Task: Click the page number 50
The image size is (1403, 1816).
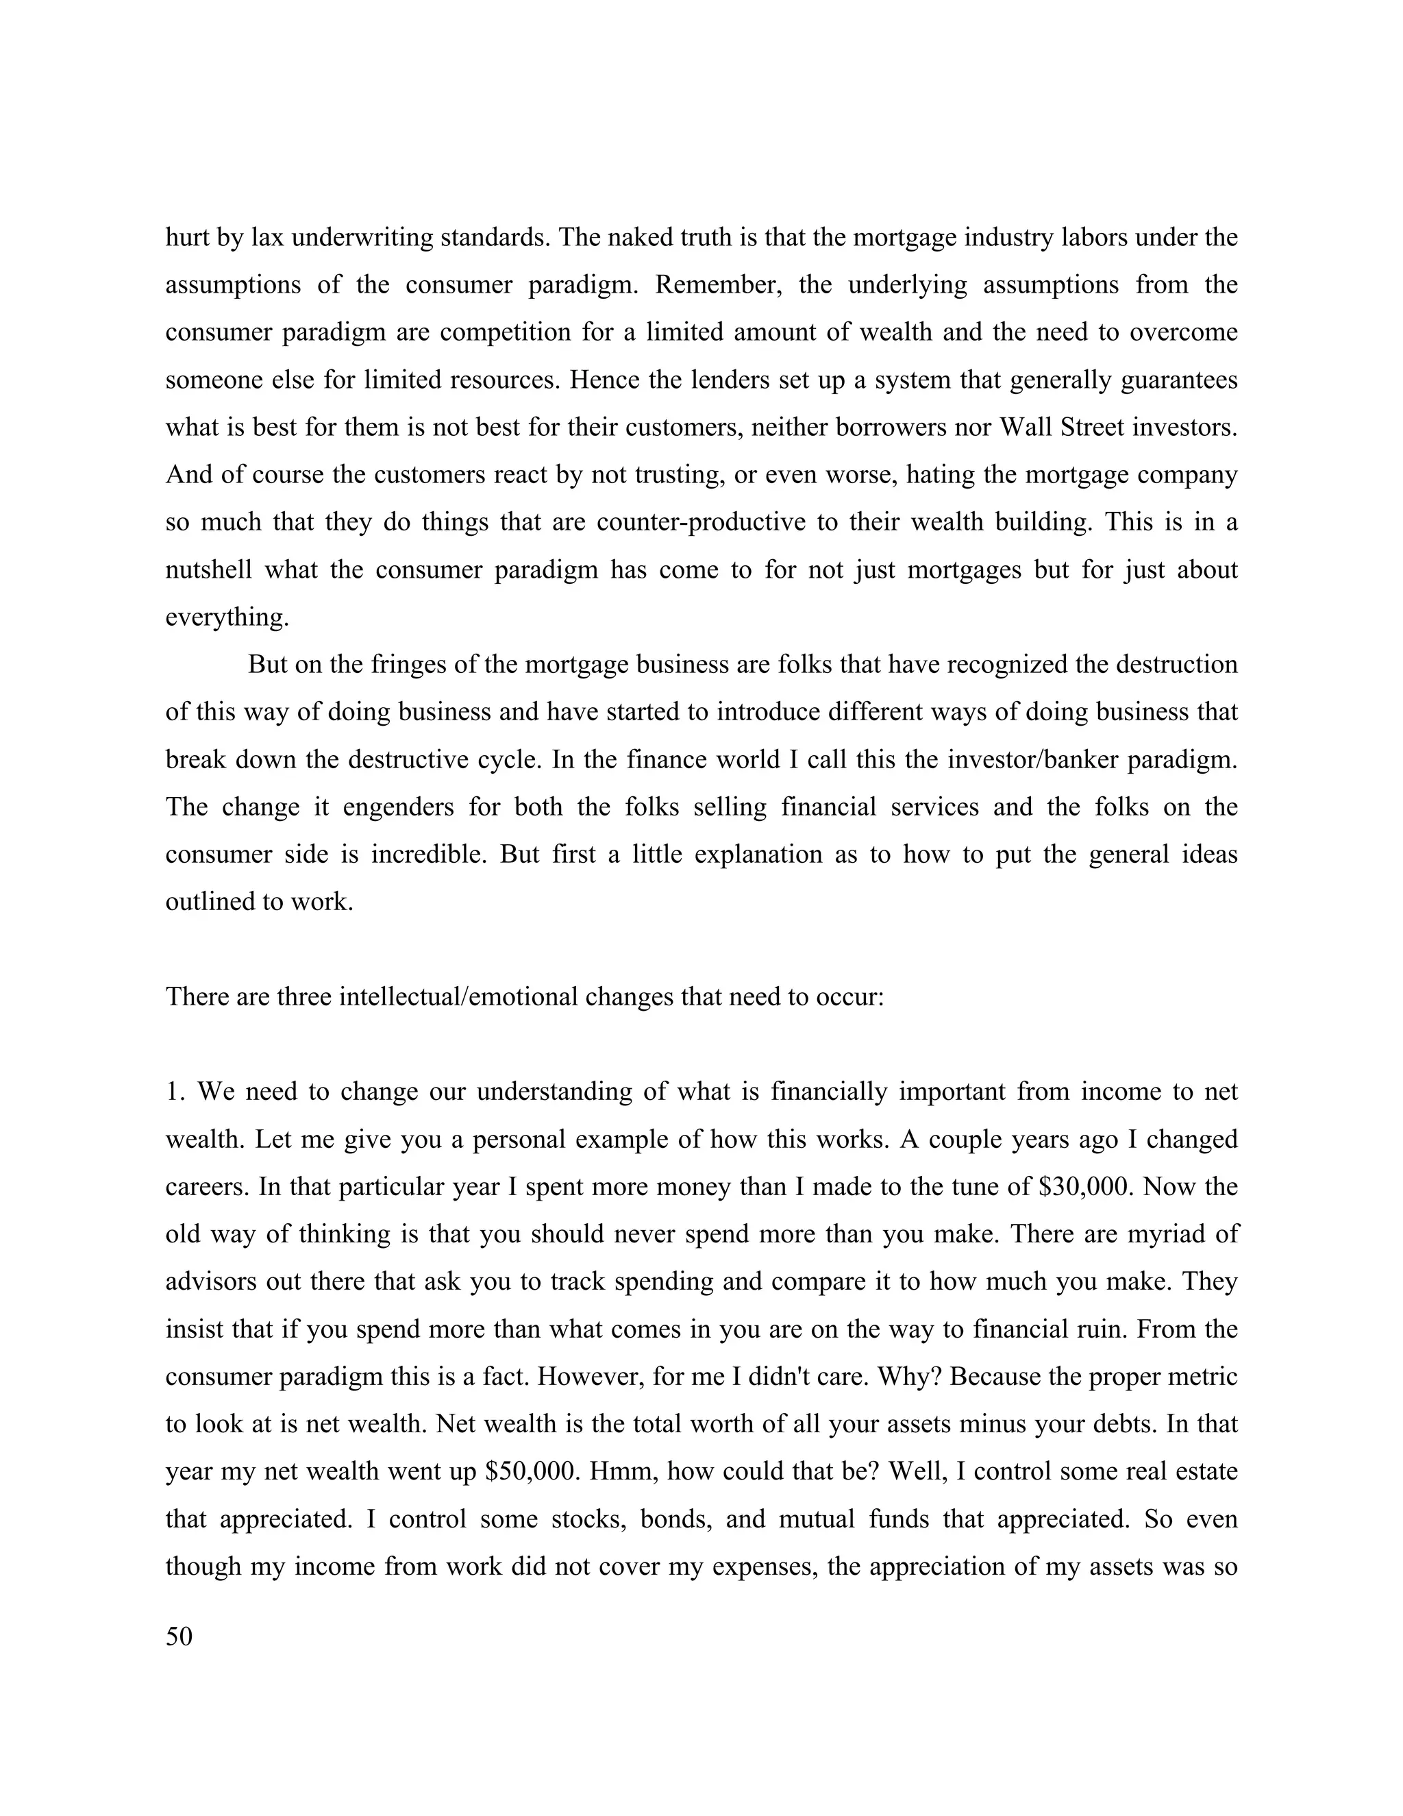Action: pyautogui.click(x=179, y=1637)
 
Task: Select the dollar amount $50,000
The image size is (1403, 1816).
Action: pyautogui.click(x=531, y=1472)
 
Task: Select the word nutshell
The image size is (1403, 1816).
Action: pyautogui.click(x=207, y=570)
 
